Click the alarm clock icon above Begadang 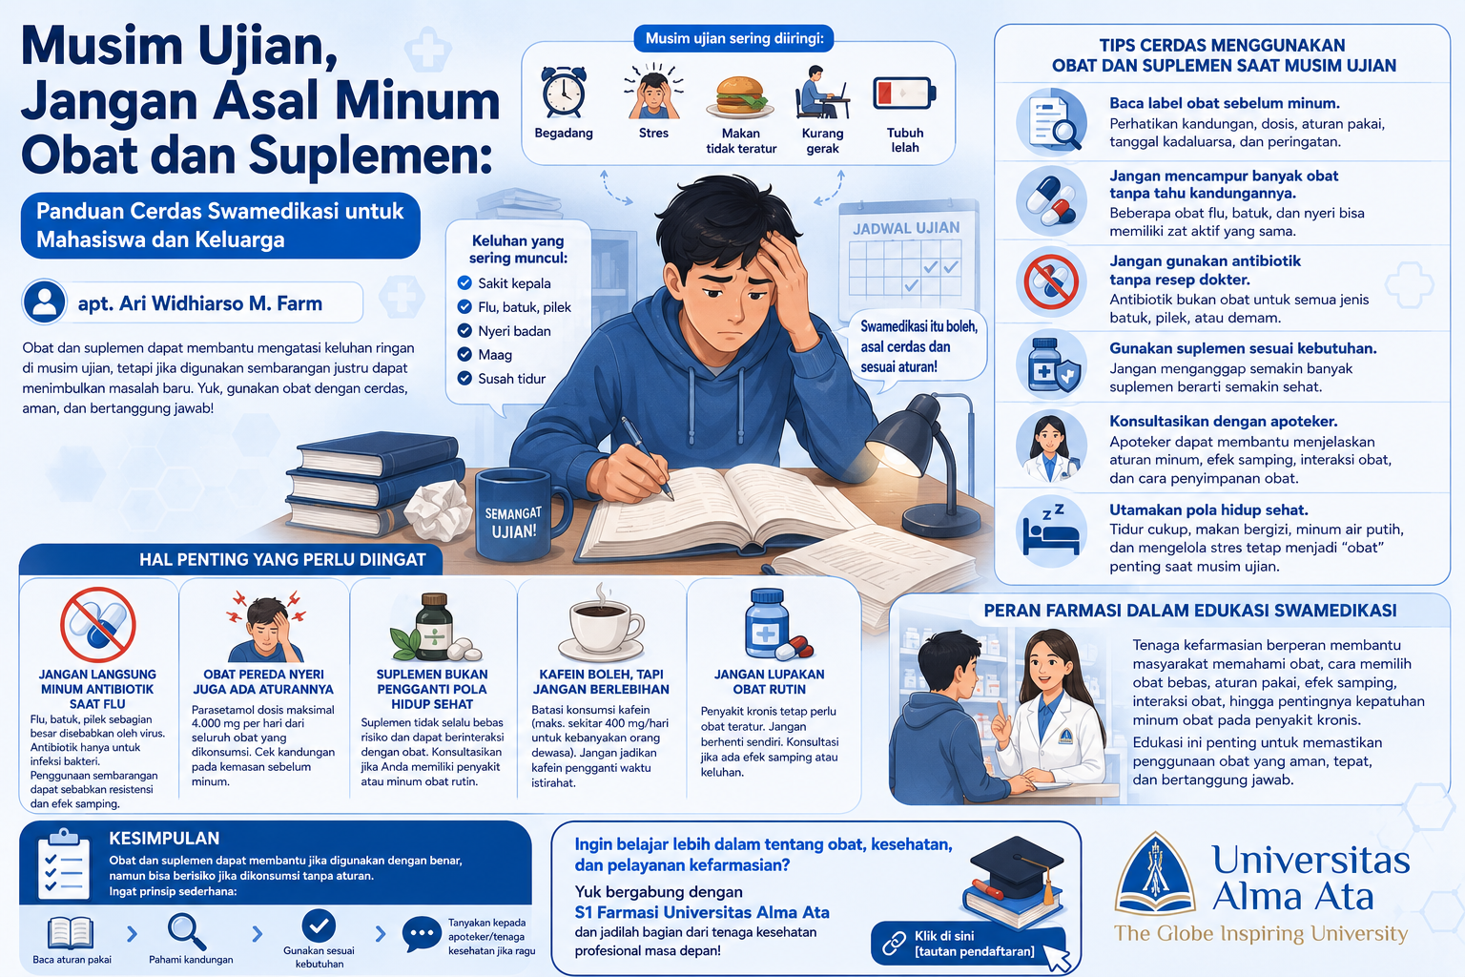click(x=563, y=93)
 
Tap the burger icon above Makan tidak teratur click(x=740, y=97)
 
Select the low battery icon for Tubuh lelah click(x=904, y=93)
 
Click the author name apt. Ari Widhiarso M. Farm click(x=200, y=303)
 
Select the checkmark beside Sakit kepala click(x=464, y=282)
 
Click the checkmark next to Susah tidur click(x=464, y=378)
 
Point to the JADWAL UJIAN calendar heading click(x=906, y=228)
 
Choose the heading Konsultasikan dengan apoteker click(x=1223, y=421)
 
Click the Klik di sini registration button click(x=969, y=944)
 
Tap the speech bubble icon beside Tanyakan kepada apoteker click(x=422, y=934)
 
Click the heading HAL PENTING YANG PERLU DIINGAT click(x=282, y=559)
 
